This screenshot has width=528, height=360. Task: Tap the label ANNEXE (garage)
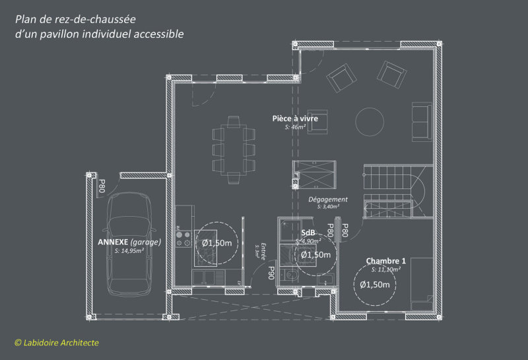click(x=129, y=242)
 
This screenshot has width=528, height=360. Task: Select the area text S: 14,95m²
click(x=130, y=251)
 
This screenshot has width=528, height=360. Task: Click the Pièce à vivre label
click(x=295, y=118)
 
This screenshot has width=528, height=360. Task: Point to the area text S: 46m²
click(x=295, y=126)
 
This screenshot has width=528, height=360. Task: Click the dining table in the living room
click(x=234, y=149)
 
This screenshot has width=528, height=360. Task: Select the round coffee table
click(x=369, y=121)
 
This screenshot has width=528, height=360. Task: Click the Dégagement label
click(x=327, y=199)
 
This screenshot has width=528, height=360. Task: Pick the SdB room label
click(x=308, y=233)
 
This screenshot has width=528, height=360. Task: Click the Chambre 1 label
click(x=386, y=261)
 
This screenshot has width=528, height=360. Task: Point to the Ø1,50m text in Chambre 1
click(x=375, y=285)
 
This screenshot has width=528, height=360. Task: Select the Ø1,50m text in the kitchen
click(x=216, y=243)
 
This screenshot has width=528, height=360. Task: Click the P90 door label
click(x=271, y=271)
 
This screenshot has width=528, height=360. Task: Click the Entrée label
click(x=262, y=247)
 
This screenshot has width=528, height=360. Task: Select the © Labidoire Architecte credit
click(x=57, y=342)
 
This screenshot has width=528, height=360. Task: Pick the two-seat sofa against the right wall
click(x=420, y=121)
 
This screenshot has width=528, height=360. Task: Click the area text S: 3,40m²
click(x=328, y=206)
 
